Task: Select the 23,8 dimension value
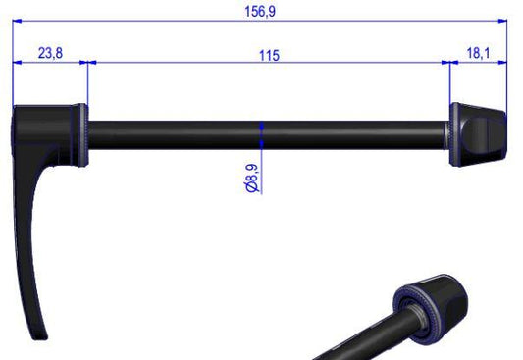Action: (x=50, y=53)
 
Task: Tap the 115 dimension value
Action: (x=269, y=55)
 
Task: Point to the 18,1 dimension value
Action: (x=479, y=53)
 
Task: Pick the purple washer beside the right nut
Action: (x=454, y=132)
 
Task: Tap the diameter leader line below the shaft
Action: (x=261, y=157)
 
